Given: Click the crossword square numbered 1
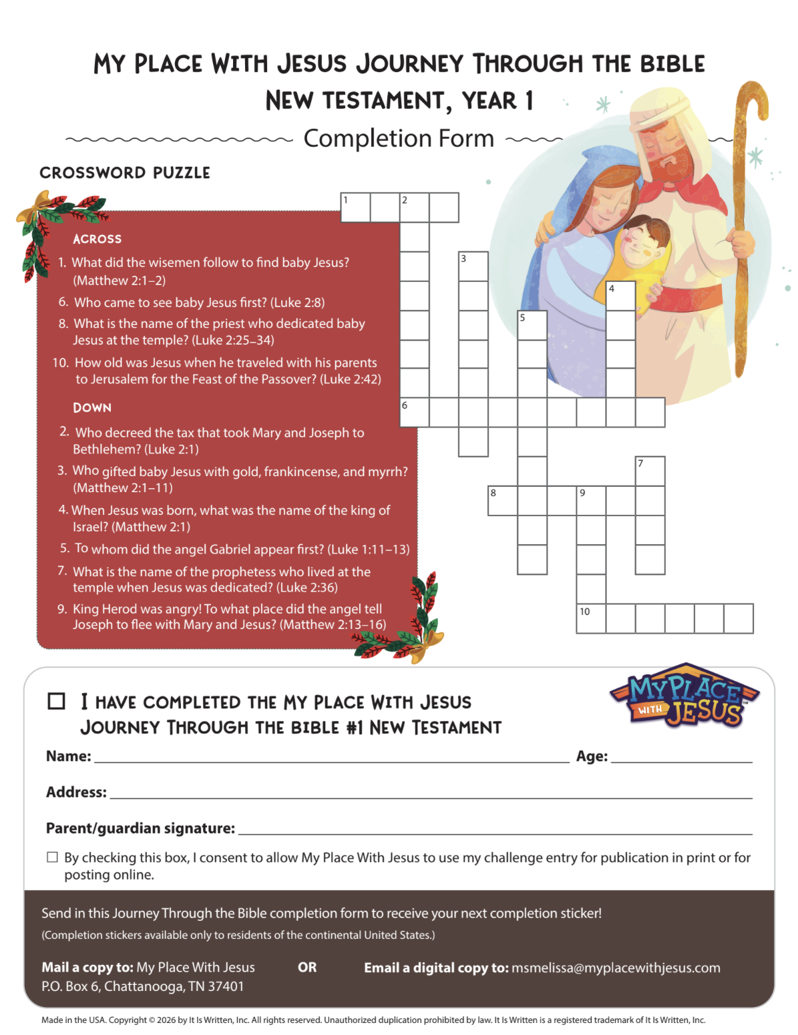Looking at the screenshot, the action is [x=355, y=207].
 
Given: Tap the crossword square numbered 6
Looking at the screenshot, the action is [x=414, y=412].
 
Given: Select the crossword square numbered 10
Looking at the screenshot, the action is [x=591, y=618].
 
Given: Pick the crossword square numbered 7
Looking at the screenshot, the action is [x=650, y=471].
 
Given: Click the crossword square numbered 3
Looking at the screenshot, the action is [x=473, y=266].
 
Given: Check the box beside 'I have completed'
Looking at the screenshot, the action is [x=56, y=701].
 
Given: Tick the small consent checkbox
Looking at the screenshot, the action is [x=52, y=857].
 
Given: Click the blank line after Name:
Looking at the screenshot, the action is [x=331, y=762].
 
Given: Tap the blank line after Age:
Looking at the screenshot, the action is [x=681, y=762].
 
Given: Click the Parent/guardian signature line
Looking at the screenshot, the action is [x=495, y=834].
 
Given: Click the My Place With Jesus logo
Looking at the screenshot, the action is [x=684, y=696].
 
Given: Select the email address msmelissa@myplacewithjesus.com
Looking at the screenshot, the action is [x=616, y=968].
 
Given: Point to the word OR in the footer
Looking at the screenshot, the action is [x=307, y=967].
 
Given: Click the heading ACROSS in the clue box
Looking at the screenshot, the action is [x=97, y=238].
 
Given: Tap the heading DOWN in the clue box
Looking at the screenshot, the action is [x=92, y=407].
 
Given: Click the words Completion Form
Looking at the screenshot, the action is [x=399, y=139].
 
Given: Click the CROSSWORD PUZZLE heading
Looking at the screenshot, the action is [x=125, y=172].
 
